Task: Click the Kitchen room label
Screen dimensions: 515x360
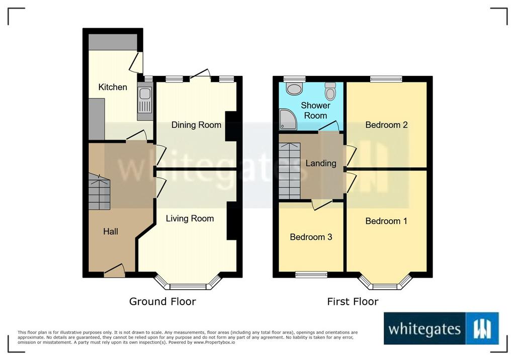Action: (x=113, y=87)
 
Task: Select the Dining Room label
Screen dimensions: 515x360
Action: (x=197, y=125)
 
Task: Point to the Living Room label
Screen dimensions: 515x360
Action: (x=190, y=218)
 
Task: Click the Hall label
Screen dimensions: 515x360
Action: (x=110, y=232)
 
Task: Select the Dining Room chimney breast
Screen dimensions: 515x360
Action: (x=230, y=127)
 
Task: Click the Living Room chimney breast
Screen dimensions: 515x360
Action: (x=231, y=221)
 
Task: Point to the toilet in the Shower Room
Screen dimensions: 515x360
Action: (x=330, y=91)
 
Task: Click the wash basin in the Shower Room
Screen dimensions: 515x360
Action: (x=294, y=88)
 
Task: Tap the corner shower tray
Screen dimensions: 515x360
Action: (x=288, y=119)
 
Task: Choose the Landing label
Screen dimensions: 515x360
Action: (x=321, y=163)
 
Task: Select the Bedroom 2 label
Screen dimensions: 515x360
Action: (x=386, y=125)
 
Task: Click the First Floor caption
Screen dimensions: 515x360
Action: (x=353, y=302)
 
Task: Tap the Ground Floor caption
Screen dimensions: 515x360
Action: (x=162, y=302)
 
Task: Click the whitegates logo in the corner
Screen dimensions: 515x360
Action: (x=441, y=328)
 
